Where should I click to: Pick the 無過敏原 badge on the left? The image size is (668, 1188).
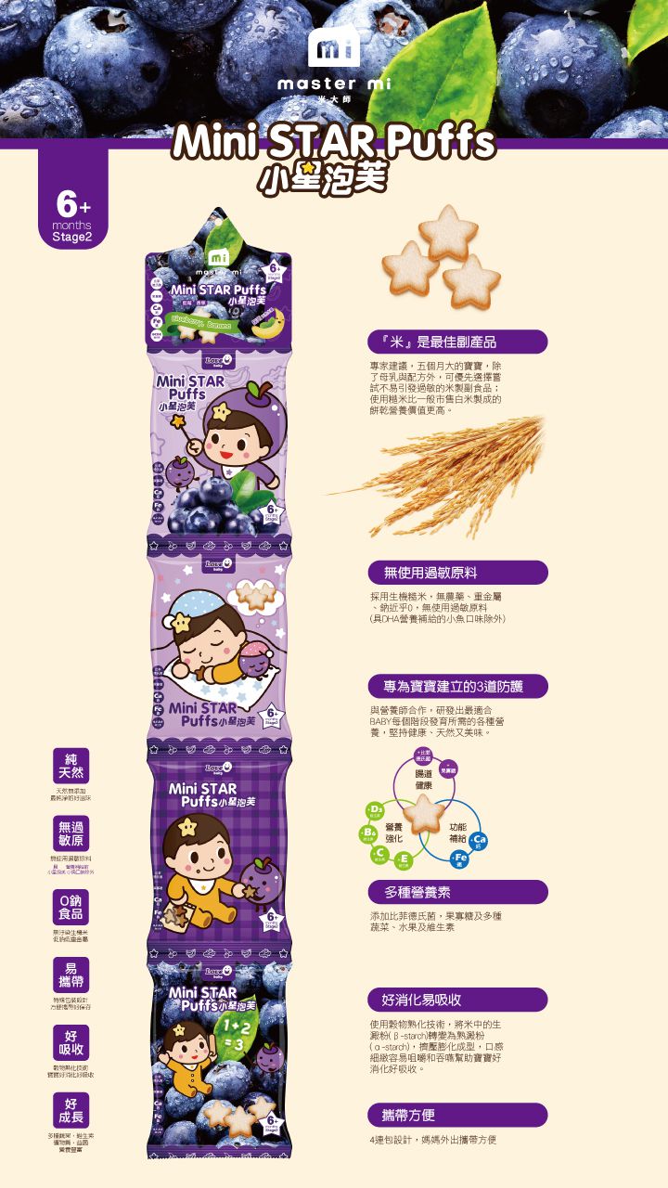pyautogui.click(x=71, y=833)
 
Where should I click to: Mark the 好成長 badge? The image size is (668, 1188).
pyautogui.click(x=71, y=1109)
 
